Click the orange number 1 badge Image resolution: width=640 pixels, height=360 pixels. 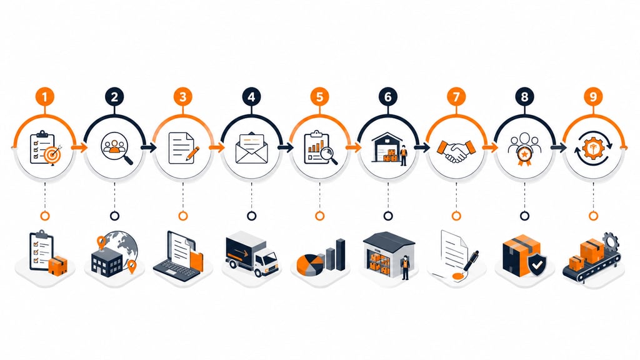pos(45,97)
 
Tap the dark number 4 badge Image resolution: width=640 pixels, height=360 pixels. pos(251,97)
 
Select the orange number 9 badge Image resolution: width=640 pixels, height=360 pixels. pos(593,97)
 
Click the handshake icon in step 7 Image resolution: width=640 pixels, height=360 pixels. pos(456,151)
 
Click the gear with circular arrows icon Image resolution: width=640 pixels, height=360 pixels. pos(593,147)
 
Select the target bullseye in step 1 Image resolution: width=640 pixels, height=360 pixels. pos(53,155)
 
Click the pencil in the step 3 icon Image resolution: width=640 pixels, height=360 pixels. pos(192,154)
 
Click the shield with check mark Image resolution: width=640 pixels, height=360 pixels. pos(537,265)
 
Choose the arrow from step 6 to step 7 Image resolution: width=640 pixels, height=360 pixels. pos(422,147)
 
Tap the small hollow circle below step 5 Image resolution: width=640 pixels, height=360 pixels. pos(319,216)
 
